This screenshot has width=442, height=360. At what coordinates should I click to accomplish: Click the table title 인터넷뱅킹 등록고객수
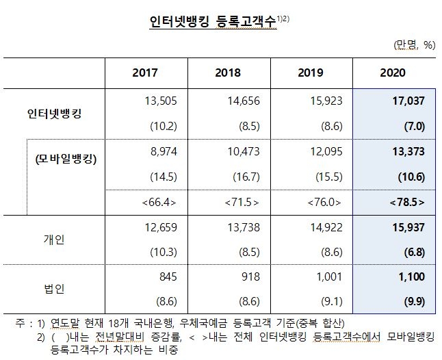(213, 22)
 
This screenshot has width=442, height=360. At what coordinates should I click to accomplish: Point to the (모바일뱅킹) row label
(66, 161)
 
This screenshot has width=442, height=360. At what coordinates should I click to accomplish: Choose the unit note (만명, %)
(415, 45)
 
